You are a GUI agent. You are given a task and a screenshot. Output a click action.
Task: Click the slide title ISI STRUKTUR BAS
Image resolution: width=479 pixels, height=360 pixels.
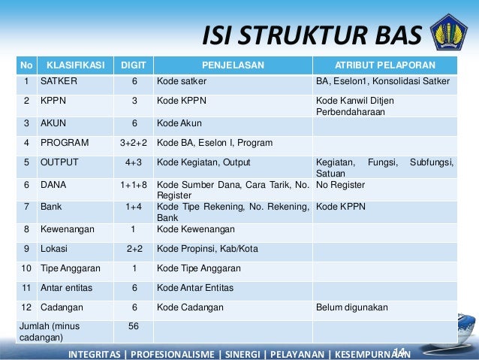pyautogui.click(x=312, y=35)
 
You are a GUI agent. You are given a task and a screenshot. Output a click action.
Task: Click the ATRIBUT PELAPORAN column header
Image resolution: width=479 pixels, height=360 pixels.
pyautogui.click(x=386, y=65)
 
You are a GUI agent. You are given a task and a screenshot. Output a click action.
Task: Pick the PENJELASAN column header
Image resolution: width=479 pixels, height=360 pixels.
pyautogui.click(x=233, y=65)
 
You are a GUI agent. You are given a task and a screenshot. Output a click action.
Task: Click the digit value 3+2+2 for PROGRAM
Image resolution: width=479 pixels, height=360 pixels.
pyautogui.click(x=134, y=142)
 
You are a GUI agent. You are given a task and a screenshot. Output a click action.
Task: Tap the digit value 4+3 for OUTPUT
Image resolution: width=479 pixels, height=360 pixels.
pyautogui.click(x=134, y=162)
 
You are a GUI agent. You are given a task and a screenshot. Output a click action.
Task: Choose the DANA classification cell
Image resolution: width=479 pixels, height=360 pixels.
pyautogui.click(x=53, y=183)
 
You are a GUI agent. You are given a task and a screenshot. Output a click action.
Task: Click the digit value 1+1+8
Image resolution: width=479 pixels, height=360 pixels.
pyautogui.click(x=134, y=183)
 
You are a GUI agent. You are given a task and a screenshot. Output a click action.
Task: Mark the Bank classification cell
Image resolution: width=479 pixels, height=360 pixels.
pyautogui.click(x=51, y=206)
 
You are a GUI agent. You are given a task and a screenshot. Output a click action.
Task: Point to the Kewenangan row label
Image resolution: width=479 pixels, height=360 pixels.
pyautogui.click(x=68, y=229)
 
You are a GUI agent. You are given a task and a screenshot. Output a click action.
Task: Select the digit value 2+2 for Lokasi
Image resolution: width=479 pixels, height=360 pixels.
pyautogui.click(x=134, y=249)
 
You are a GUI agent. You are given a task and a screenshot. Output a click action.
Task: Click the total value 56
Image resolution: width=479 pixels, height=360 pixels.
pyautogui.click(x=134, y=325)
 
